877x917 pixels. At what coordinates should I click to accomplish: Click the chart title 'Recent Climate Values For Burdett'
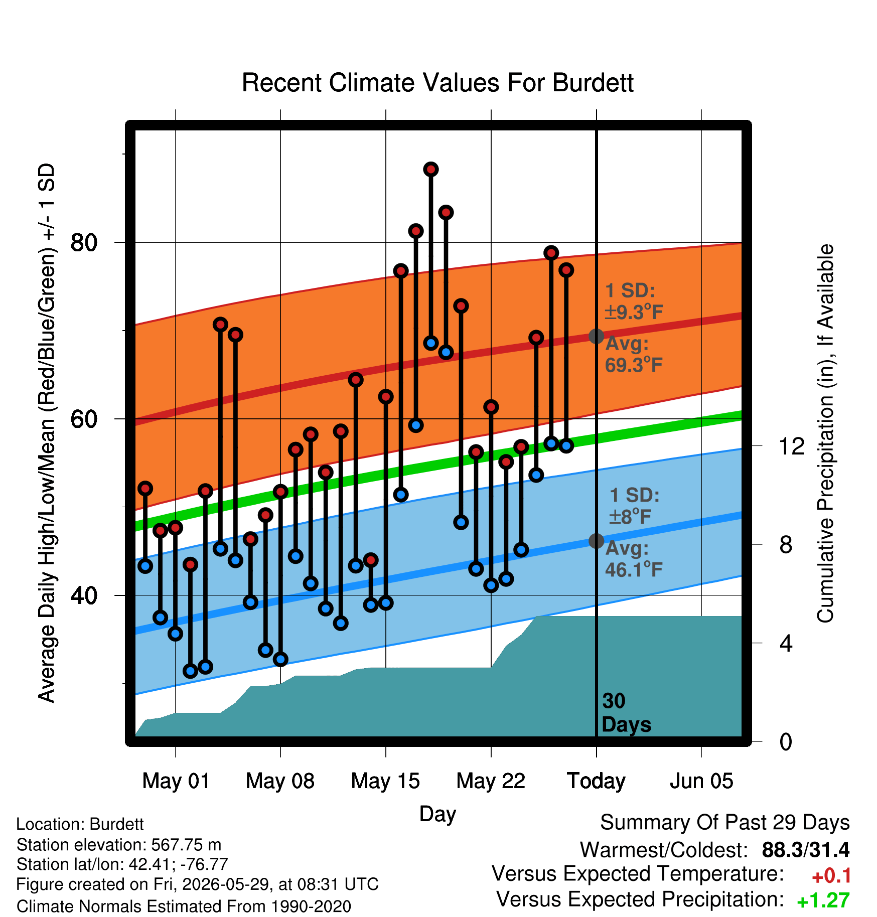tap(437, 83)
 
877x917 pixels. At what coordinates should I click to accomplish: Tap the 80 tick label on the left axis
tap(84, 243)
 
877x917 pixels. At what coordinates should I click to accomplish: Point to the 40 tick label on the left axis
tap(84, 595)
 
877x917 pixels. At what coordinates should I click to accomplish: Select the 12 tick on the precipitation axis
tap(792, 446)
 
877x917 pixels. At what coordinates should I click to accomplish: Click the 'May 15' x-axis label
tap(385, 781)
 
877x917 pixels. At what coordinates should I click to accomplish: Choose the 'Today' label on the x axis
tap(596, 781)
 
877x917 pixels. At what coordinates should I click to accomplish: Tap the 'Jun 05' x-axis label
tap(701, 781)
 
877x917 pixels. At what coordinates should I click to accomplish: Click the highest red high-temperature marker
tap(431, 170)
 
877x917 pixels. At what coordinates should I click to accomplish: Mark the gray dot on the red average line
tap(596, 336)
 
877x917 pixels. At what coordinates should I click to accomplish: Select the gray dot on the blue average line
tap(596, 541)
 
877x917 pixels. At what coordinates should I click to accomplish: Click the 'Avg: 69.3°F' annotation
tap(634, 354)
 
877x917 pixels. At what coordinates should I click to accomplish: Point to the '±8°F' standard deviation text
tap(630, 516)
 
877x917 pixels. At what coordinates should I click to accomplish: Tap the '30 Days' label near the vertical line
tap(626, 713)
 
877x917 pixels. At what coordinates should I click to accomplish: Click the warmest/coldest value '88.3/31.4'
tap(806, 850)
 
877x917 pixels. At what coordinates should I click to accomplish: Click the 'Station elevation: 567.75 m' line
tap(119, 845)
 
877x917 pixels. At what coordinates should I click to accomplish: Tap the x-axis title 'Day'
tap(437, 814)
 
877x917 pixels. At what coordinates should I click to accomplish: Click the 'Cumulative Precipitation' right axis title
tap(825, 434)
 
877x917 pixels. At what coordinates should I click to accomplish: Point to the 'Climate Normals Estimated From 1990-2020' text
tap(184, 906)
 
